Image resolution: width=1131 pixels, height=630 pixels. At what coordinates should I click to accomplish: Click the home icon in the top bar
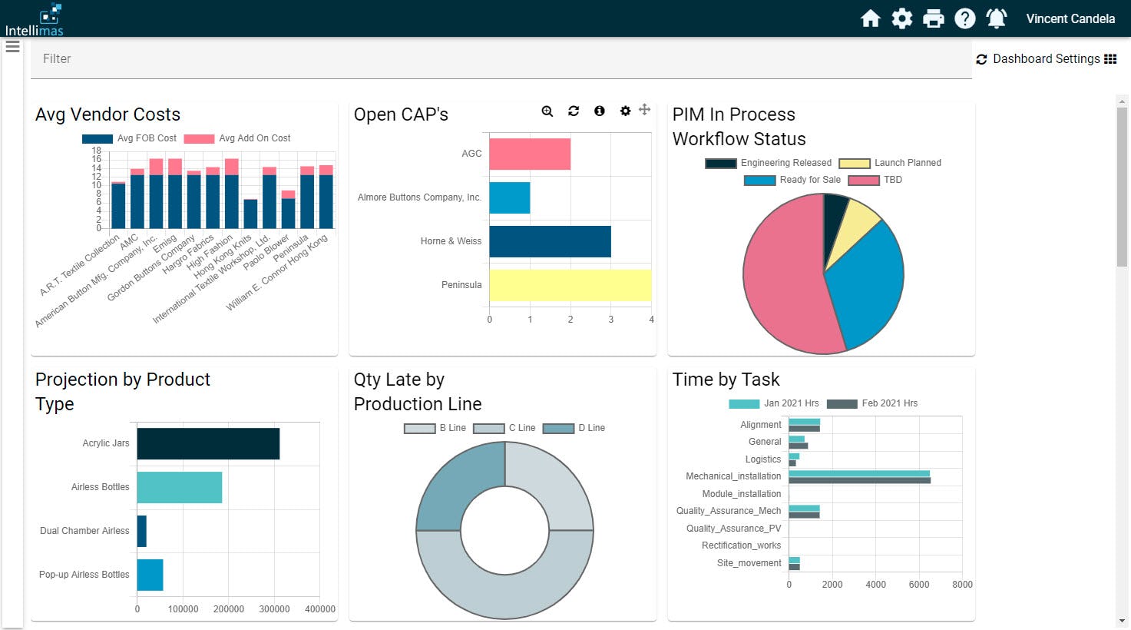pos(870,18)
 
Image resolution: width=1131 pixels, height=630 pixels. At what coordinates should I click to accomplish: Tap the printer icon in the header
pos(933,18)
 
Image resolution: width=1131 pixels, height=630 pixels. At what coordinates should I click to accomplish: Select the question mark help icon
pos(964,18)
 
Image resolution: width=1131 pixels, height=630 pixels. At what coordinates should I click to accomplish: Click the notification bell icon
pos(996,18)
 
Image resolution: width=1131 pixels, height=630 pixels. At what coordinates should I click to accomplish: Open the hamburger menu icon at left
pos(12,47)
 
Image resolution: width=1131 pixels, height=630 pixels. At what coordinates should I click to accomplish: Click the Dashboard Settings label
pos(1046,59)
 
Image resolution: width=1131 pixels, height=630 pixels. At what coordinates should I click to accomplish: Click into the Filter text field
pos(499,59)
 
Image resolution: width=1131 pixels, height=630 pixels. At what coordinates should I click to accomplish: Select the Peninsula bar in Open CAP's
pos(570,285)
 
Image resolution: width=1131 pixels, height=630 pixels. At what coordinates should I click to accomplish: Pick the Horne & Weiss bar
pos(550,241)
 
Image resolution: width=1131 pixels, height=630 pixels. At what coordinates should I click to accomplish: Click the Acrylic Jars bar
pos(208,444)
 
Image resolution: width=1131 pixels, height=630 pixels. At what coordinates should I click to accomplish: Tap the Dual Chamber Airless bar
pos(142,531)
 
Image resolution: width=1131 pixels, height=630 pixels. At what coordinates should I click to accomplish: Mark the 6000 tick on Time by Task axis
pos(918,585)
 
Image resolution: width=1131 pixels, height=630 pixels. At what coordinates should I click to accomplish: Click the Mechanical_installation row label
pos(733,476)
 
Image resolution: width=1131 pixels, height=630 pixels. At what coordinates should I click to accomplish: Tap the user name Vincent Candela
pos(1070,18)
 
